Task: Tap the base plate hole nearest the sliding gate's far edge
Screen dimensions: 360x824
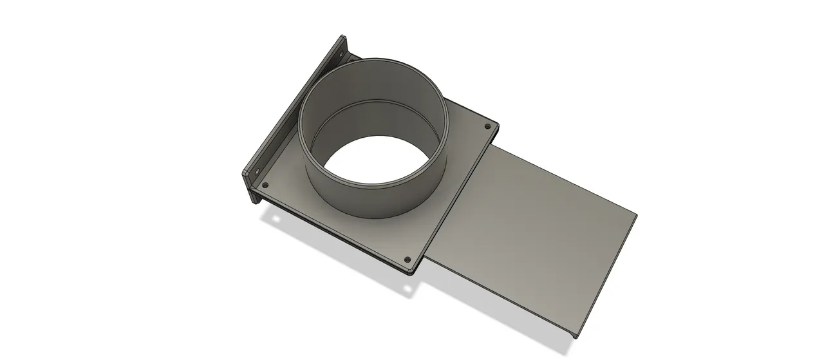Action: click(487, 126)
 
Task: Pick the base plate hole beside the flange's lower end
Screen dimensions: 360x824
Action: click(265, 185)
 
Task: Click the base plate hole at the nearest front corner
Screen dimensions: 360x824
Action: click(407, 260)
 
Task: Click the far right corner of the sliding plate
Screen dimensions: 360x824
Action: click(635, 214)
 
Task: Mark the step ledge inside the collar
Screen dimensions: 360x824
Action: click(370, 104)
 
